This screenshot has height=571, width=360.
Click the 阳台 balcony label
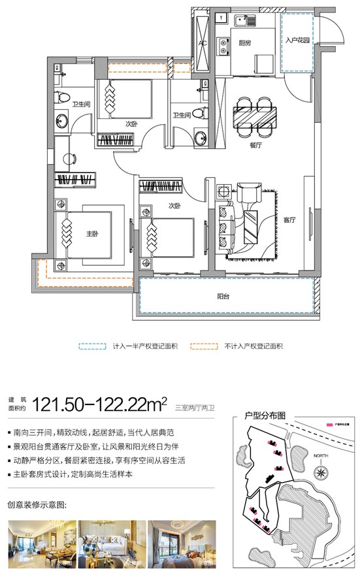click(x=223, y=296)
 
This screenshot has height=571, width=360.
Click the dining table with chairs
click(x=254, y=116)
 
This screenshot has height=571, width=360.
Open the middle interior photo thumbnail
click(x=109, y=542)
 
